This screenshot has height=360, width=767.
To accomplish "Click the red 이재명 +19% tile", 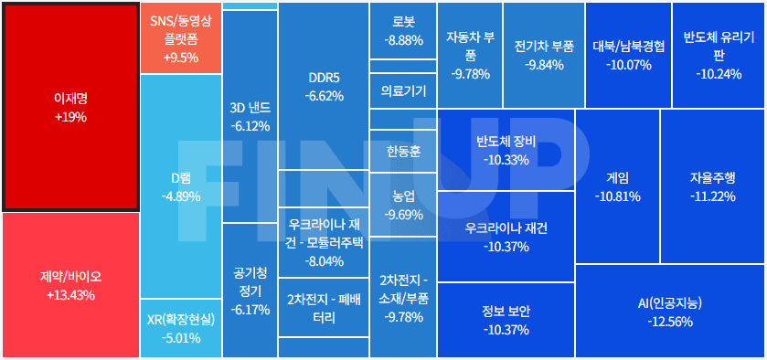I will point(70,106).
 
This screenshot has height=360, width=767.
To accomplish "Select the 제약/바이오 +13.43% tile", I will point(70,285).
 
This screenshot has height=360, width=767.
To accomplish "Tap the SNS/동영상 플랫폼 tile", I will point(180,38).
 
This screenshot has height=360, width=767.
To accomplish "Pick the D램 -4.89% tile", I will point(180,187).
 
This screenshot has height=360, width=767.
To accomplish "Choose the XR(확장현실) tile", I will point(180,329).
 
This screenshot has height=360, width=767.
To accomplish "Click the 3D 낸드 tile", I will point(250,116).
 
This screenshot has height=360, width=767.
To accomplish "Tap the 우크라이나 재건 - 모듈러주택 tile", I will point(323,242).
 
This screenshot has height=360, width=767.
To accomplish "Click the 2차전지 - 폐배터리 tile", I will point(323,308).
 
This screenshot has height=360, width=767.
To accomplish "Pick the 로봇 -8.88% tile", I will point(403,32).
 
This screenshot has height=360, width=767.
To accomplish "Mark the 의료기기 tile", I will point(403,90).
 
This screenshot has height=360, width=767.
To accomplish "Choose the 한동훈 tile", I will point(403,151).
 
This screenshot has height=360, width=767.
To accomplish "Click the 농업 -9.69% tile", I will point(403,205).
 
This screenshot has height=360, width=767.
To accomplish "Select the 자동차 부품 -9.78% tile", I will point(470,55).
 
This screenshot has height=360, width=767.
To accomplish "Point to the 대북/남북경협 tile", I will point(627,55).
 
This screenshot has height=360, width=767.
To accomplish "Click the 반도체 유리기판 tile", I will point(718,55).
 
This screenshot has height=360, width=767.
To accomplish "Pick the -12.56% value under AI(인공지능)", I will point(670,322).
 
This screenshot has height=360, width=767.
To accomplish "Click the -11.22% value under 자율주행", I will point(712,196).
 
